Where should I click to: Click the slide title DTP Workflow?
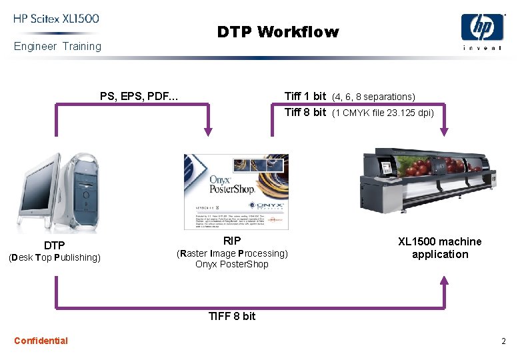tap(277, 32)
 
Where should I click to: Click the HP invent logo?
tap(482, 31)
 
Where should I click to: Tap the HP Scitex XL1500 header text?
tap(56, 19)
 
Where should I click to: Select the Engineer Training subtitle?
tap(57, 46)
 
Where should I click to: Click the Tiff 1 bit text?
tap(305, 96)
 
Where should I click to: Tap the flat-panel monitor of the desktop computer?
tap(41, 190)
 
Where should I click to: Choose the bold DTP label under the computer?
tap(54, 245)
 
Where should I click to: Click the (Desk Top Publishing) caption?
tap(54, 257)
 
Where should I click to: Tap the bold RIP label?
tap(232, 241)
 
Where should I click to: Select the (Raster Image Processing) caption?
tap(232, 253)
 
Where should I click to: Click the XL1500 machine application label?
tap(439, 247)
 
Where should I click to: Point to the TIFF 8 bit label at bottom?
tap(231, 316)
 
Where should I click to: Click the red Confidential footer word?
tap(41, 341)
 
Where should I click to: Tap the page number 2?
tap(503, 341)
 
